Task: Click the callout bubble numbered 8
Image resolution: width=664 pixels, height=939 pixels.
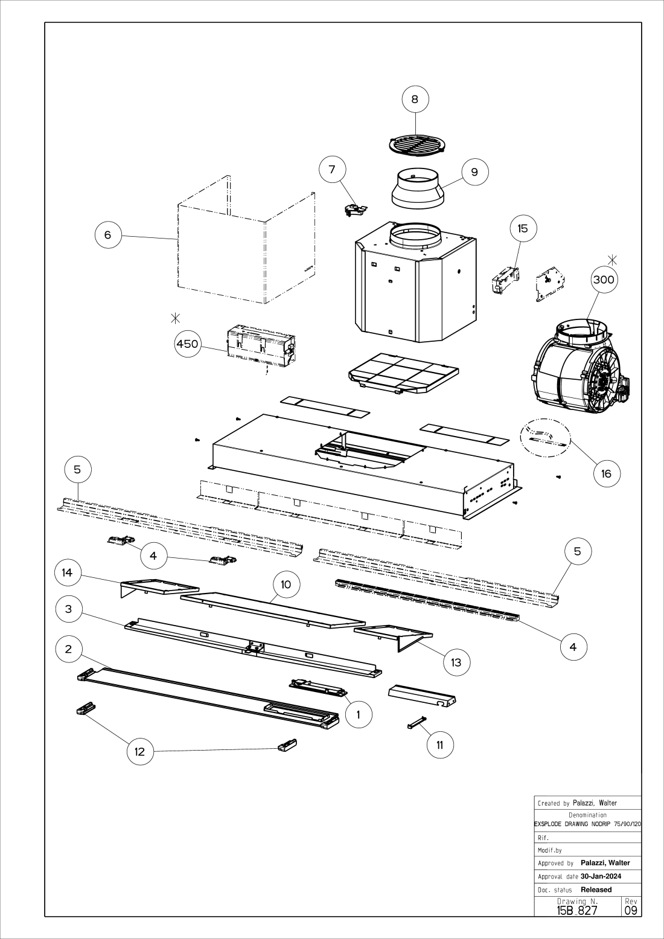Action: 415,99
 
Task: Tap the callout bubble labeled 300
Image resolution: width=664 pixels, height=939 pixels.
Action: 604,280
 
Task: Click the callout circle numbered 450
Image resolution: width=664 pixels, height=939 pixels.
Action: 187,344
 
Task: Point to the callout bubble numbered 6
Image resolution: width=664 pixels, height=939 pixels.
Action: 108,234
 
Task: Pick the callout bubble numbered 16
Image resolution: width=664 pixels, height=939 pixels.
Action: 606,473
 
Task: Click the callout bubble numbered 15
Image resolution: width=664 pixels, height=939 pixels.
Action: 523,228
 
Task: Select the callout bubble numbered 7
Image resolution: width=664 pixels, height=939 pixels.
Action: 332,169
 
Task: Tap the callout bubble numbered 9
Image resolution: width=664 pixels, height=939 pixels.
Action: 474,172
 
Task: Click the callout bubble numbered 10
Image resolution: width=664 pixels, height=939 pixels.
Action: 286,584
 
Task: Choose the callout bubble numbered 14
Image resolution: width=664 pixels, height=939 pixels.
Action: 68,572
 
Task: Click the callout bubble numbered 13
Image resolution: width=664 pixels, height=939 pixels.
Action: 456,662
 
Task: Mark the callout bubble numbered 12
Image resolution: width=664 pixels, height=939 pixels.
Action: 140,751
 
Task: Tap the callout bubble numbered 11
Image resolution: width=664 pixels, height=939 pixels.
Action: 439,745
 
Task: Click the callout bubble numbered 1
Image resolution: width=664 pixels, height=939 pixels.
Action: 359,714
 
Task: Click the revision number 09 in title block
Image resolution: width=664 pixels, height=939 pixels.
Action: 631,909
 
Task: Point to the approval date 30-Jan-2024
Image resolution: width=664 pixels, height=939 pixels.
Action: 601,876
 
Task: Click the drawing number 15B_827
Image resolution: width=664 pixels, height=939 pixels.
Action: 577,910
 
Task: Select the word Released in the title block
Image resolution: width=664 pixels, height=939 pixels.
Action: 596,889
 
